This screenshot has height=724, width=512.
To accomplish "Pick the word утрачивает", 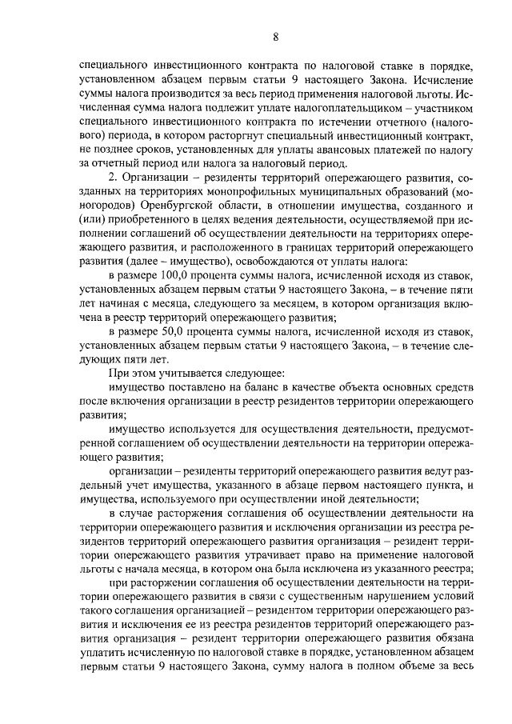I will coord(240,554).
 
